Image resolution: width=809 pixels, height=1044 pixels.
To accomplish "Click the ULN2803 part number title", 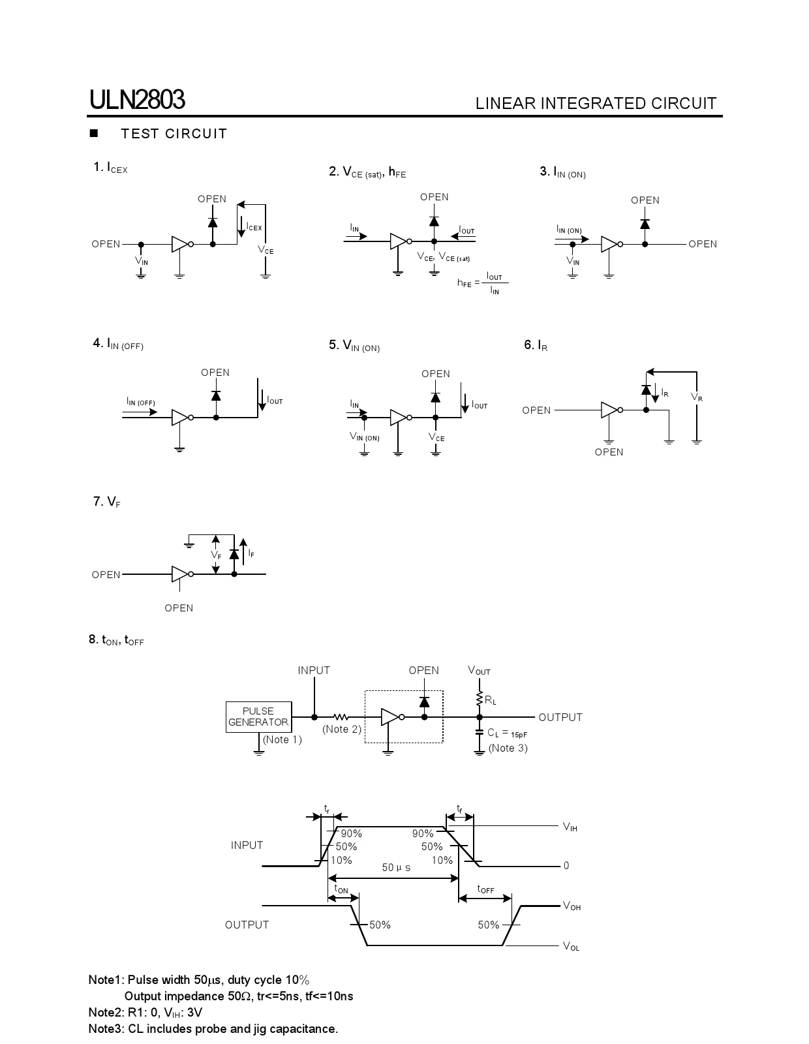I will pos(137,100).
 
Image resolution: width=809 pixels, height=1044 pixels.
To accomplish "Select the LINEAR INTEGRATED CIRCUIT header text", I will pos(596,103).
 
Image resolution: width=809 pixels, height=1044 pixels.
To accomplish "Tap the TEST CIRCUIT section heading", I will pos(174,134).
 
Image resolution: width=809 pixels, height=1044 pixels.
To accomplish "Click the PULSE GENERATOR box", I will pos(258,716).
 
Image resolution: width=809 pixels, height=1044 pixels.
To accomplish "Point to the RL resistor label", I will pos(490,700).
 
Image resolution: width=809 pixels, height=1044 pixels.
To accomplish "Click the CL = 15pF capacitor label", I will pos(507,733).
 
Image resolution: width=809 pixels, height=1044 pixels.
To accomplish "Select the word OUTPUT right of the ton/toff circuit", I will pos(560,717).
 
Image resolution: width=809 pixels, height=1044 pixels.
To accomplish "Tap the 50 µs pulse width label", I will pos(396,868).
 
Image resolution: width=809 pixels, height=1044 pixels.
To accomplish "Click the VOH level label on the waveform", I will pos(572,906).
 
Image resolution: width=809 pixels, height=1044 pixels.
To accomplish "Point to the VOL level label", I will pos(571,946).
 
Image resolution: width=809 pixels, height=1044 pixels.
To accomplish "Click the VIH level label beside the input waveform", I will pos(570,827).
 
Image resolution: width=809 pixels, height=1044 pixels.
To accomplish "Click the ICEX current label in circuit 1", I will pos(254,227).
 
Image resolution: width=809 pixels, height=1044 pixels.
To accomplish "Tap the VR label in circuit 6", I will pos(697,397).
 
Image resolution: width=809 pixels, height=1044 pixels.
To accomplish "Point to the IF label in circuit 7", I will pos(251,553).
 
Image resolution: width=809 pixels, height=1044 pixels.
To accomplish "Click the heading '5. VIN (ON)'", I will pos(354,346).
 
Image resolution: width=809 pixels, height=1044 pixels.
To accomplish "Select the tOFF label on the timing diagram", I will pos(485,889).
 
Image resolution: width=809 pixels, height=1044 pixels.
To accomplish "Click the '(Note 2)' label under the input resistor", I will pos(341,729).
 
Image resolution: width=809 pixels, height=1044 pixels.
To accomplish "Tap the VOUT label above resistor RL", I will pos(479,670).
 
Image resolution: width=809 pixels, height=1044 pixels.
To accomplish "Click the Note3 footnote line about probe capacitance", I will pos(213,1029).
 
